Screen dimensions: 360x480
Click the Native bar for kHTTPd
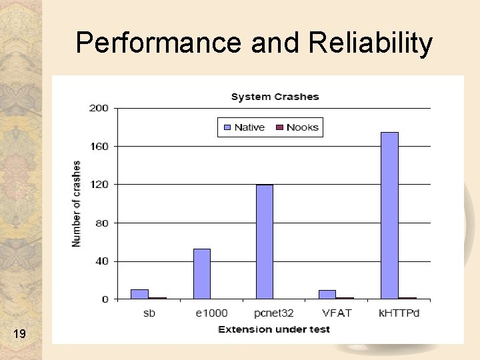click(x=389, y=215)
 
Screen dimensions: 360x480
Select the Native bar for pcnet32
click(x=265, y=242)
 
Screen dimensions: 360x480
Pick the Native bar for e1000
click(x=202, y=274)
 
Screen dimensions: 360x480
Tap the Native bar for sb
click(x=139, y=294)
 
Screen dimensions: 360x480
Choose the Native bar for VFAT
click(x=327, y=295)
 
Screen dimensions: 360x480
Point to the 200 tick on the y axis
click(x=99, y=108)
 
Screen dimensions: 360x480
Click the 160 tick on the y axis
click(x=99, y=146)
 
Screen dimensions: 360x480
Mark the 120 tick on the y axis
click(x=99, y=185)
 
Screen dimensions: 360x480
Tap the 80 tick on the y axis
click(x=101, y=223)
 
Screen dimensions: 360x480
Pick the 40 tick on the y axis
click(x=101, y=261)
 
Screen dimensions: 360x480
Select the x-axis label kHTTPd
click(x=399, y=313)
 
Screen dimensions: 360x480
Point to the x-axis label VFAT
click(x=337, y=313)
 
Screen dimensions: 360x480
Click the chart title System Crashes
click(x=275, y=97)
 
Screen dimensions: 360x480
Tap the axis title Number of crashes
click(x=77, y=203)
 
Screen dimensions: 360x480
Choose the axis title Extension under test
click(x=274, y=329)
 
